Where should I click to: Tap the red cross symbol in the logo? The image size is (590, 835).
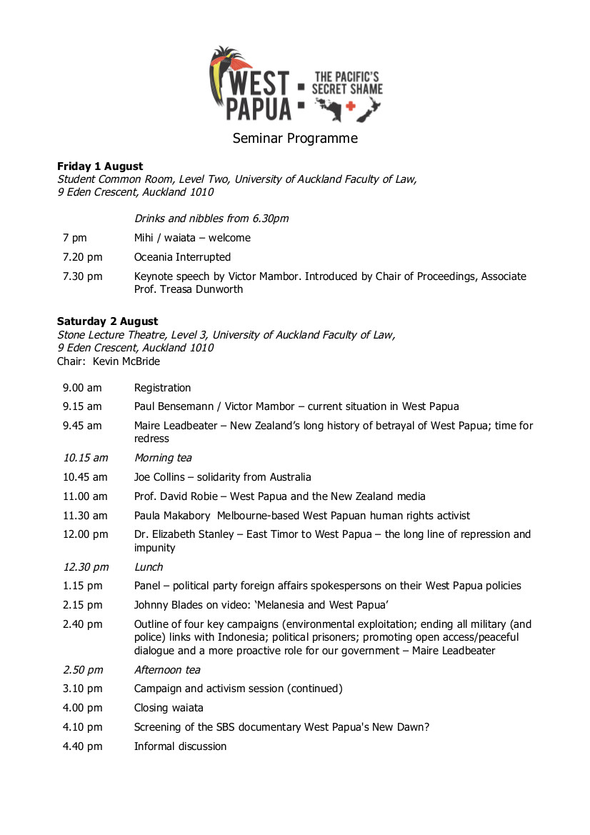click(350, 106)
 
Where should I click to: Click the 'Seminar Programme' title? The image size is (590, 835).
click(295, 139)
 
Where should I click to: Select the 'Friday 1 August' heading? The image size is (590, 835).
click(100, 166)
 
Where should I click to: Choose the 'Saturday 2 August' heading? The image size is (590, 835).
click(108, 321)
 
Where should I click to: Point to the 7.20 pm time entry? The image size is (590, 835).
click(82, 257)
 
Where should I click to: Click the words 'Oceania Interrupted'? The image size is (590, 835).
click(182, 257)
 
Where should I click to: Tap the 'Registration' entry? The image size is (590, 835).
click(163, 388)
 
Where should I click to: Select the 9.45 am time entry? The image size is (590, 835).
click(82, 426)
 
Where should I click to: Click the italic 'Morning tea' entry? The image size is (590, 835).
click(163, 458)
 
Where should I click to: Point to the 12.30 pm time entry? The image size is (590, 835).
click(86, 567)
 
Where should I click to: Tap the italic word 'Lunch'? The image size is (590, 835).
click(149, 567)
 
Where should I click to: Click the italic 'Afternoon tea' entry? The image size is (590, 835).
click(167, 670)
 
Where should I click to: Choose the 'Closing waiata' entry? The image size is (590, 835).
click(169, 708)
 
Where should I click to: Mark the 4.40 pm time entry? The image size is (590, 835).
click(82, 746)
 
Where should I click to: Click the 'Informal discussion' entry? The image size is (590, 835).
click(181, 746)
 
